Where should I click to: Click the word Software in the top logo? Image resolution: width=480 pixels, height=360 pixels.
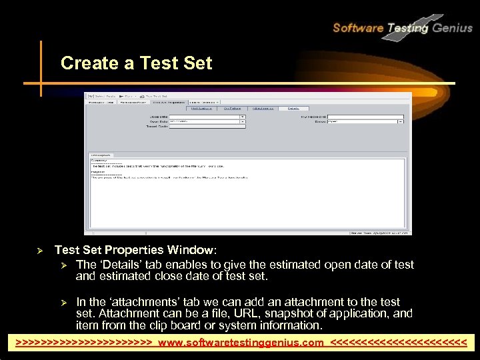[x=357, y=28]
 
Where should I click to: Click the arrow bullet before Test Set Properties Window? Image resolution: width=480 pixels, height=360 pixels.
[x=39, y=251]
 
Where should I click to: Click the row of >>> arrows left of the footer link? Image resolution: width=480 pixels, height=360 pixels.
[x=84, y=343]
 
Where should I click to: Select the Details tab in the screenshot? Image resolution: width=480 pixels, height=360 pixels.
[x=293, y=108]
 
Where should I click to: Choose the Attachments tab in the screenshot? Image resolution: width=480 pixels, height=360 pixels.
[x=263, y=108]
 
